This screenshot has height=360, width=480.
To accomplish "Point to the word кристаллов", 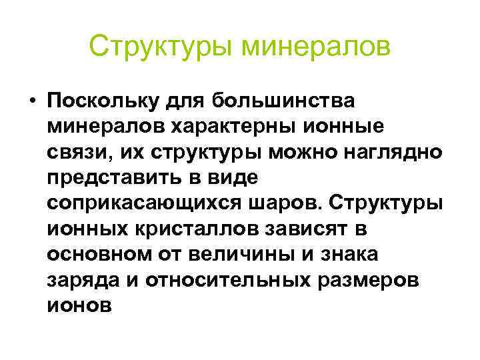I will [189, 229].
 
